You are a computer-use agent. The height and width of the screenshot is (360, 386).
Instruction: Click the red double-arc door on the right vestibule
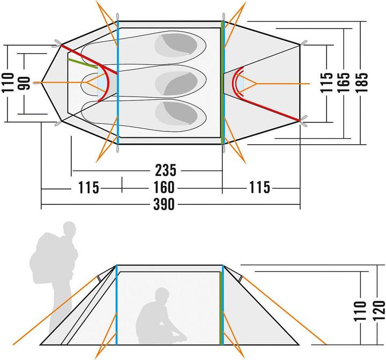(237, 83)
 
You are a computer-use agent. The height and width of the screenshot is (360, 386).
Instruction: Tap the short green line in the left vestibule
(84, 62)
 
